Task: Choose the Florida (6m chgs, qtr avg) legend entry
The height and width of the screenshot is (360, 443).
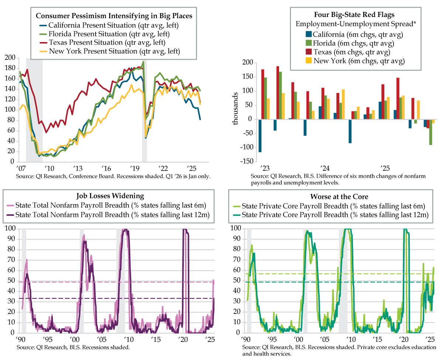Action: pyautogui.click(x=352, y=43)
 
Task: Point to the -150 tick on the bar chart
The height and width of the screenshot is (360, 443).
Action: pyautogui.click(x=247, y=162)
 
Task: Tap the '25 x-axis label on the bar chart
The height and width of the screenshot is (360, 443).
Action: pyautogui.click(x=385, y=168)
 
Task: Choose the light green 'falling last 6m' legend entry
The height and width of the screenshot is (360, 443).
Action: pyautogui.click(x=334, y=206)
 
